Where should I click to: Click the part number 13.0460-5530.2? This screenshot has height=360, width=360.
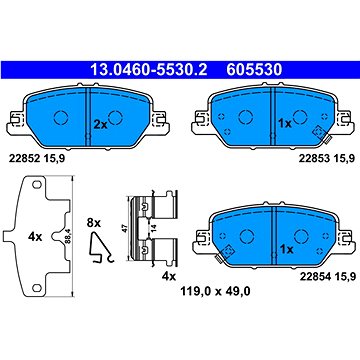coord(149,70)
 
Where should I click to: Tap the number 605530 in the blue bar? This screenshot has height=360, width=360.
coord(254,70)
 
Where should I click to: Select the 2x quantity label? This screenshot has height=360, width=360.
coord(100,125)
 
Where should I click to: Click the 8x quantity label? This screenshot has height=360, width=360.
coord(93,223)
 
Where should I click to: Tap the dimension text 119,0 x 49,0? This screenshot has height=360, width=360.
coord(215,292)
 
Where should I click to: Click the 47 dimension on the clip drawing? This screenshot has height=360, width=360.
coord(126,228)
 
